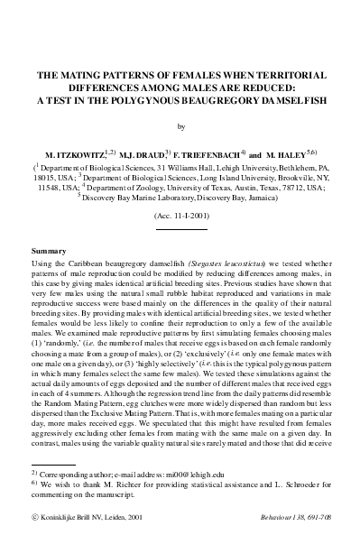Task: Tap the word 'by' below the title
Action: [x=180, y=127]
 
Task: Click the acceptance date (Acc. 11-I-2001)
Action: [x=180, y=218]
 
